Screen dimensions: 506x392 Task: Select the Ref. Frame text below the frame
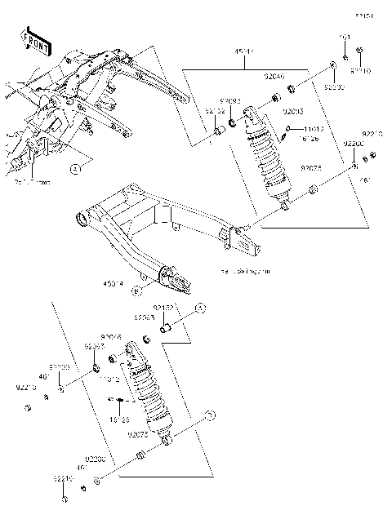33,182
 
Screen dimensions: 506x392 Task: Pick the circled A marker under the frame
74,169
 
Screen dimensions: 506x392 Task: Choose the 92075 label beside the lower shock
137,435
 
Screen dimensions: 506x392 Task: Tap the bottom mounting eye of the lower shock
167,440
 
